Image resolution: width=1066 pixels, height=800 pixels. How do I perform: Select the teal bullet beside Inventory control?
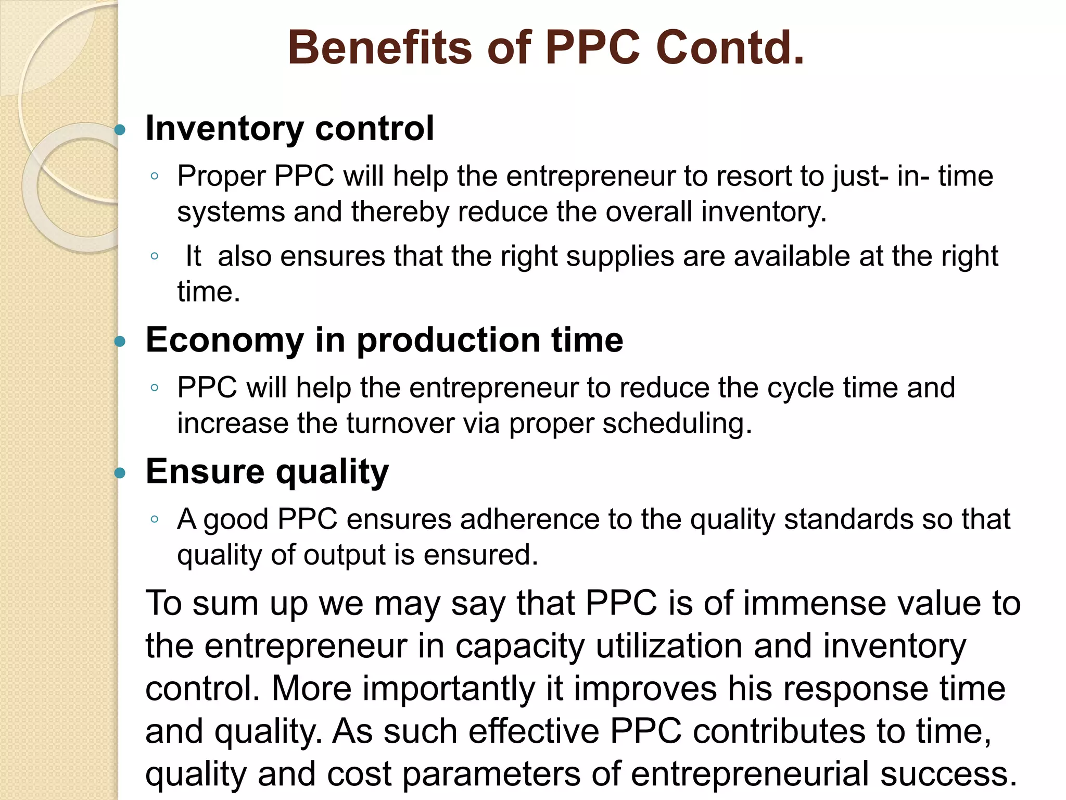[120, 130]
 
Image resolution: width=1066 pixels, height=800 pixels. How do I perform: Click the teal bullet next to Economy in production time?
[120, 342]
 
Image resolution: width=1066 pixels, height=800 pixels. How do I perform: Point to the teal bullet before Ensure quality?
[120, 473]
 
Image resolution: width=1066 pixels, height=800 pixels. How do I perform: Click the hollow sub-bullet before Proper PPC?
[154, 177]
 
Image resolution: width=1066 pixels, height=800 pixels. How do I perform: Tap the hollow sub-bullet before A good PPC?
[154, 519]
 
